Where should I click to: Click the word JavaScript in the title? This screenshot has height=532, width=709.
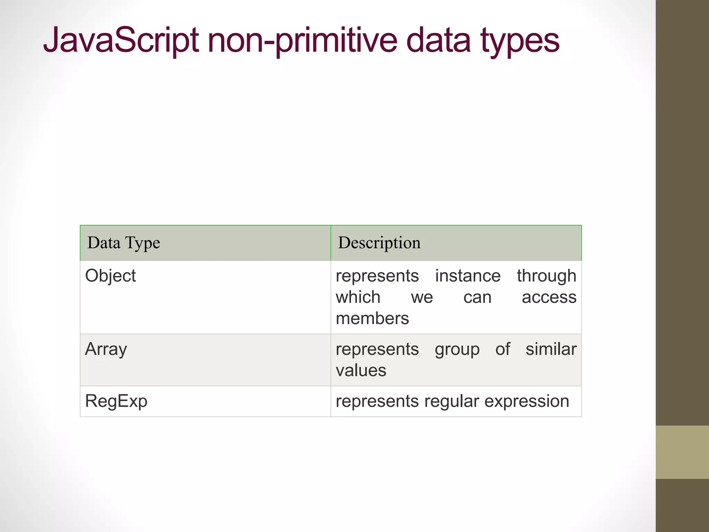[121, 41]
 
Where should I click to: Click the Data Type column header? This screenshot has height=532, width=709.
[124, 243]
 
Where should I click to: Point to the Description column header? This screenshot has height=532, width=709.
[379, 243]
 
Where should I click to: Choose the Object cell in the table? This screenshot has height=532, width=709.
[110, 276]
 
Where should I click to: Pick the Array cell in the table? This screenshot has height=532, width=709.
[106, 349]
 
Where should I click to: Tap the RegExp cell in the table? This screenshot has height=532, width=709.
[116, 401]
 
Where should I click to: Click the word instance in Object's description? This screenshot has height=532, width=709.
[468, 276]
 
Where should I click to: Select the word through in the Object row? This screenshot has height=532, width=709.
[547, 276]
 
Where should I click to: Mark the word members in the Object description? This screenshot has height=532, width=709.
[372, 318]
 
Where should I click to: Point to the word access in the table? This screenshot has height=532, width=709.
[549, 297]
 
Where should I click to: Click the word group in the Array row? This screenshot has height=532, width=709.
[457, 349]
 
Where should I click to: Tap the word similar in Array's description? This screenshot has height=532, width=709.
[551, 349]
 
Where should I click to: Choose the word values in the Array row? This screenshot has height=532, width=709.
[361, 370]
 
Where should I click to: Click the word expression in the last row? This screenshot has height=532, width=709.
[527, 401]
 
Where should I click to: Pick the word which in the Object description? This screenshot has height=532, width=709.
[358, 297]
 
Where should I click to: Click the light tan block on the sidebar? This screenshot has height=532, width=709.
[682, 452]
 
